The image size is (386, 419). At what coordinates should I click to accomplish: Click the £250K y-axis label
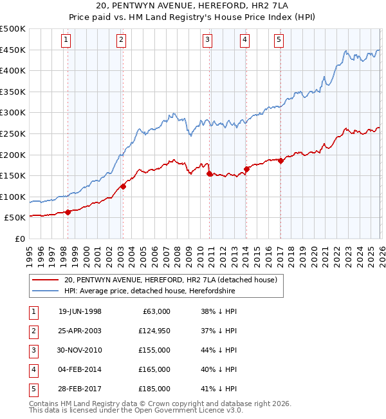[13, 133]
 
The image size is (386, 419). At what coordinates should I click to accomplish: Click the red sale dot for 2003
[123, 187]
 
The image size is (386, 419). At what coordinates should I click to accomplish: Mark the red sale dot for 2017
[280, 161]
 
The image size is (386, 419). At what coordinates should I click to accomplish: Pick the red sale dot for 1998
[68, 212]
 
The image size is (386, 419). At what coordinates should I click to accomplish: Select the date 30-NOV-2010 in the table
[80, 350]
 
